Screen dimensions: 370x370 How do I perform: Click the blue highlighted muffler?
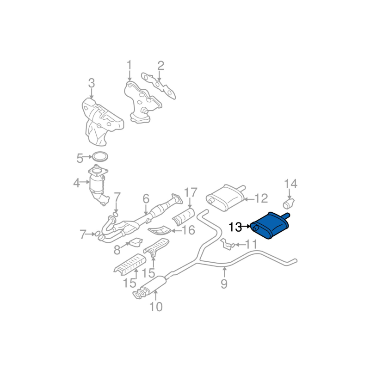tap(270, 225)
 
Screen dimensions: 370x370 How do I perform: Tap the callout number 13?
tap(235, 227)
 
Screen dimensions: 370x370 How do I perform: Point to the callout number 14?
tap(290, 185)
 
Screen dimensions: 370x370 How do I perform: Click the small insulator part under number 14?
tap(289, 203)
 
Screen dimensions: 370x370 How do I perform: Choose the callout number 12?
tap(261, 199)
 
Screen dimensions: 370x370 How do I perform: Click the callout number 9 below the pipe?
tap(224, 284)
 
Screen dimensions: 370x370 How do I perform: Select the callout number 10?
tap(156, 306)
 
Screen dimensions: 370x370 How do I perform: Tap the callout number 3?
tap(91, 84)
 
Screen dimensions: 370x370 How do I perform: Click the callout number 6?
tap(146, 199)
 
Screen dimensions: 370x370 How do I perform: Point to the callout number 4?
tap(76, 184)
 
